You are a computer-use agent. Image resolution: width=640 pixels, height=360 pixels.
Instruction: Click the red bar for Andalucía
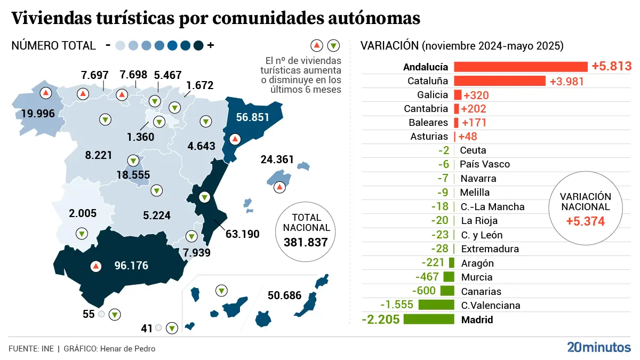[521, 67]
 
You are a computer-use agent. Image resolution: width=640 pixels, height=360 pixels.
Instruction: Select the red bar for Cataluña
[500, 81]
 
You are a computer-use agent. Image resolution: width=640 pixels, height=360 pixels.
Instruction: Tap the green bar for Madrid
[429, 319]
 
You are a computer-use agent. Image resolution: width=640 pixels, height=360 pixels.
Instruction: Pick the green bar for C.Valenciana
[436, 305]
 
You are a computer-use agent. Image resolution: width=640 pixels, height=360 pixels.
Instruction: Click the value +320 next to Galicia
[476, 95]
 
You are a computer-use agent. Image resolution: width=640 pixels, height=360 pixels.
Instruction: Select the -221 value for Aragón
[433, 263]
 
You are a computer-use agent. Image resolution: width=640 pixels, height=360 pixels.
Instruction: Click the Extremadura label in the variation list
[489, 249]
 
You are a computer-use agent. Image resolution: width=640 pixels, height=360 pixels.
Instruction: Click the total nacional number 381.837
[307, 243]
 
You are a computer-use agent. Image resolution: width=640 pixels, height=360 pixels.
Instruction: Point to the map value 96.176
[131, 266]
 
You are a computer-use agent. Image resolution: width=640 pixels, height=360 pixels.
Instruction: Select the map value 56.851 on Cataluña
[253, 118]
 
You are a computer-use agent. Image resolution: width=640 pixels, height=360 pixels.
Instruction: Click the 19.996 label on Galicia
[38, 114]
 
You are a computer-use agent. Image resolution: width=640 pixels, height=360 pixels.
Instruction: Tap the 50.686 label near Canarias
[284, 295]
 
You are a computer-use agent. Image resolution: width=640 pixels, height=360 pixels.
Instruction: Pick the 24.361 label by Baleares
[277, 159]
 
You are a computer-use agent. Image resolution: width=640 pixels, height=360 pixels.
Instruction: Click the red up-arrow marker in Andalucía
[96, 266]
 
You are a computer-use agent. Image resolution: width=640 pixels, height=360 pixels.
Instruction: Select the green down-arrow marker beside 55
[115, 315]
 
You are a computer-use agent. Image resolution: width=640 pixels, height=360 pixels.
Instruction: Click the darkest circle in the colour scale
[198, 46]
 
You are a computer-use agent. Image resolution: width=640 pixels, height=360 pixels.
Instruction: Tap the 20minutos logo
[598, 348]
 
